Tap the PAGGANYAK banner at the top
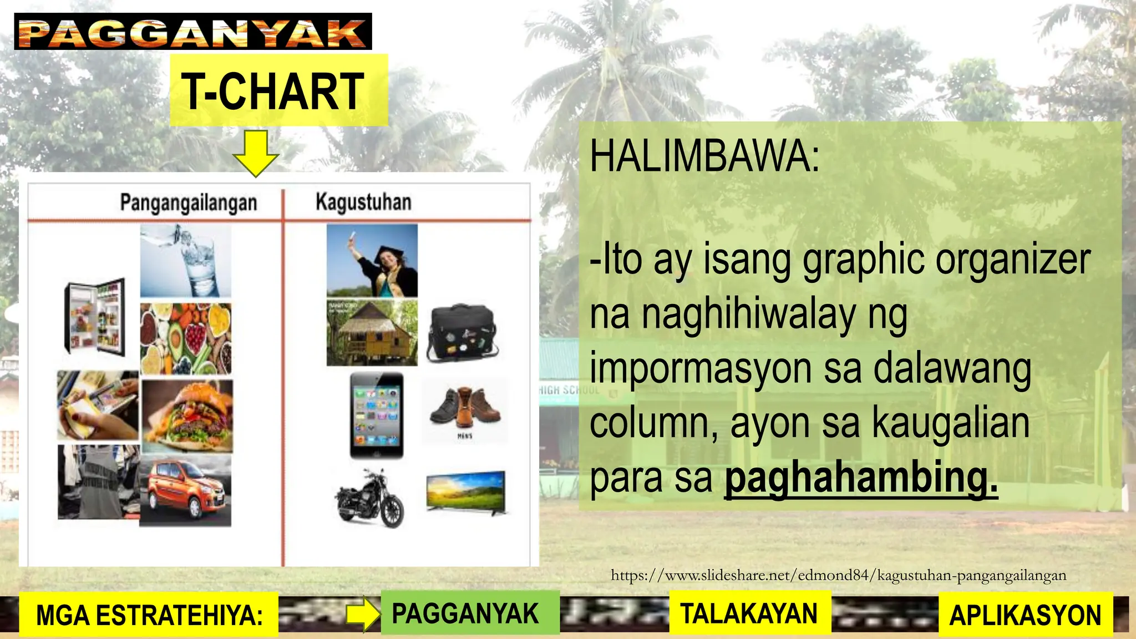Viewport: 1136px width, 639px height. [192, 32]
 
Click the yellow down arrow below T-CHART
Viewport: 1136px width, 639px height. [255, 153]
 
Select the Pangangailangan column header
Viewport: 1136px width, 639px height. [189, 202]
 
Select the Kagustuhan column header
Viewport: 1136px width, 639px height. [363, 202]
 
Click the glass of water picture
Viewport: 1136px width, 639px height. [185, 261]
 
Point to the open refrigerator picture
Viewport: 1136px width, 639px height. [95, 316]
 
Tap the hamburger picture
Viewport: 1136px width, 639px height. [187, 415]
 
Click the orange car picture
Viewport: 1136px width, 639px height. [185, 491]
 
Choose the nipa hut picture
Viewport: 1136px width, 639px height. [372, 333]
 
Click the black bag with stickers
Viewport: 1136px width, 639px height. [463, 333]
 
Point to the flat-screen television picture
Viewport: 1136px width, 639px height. [466, 491]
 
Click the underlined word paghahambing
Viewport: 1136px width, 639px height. [861, 476]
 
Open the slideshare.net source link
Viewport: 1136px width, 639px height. [838, 575]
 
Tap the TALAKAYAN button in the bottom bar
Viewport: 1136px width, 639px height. [749, 613]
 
